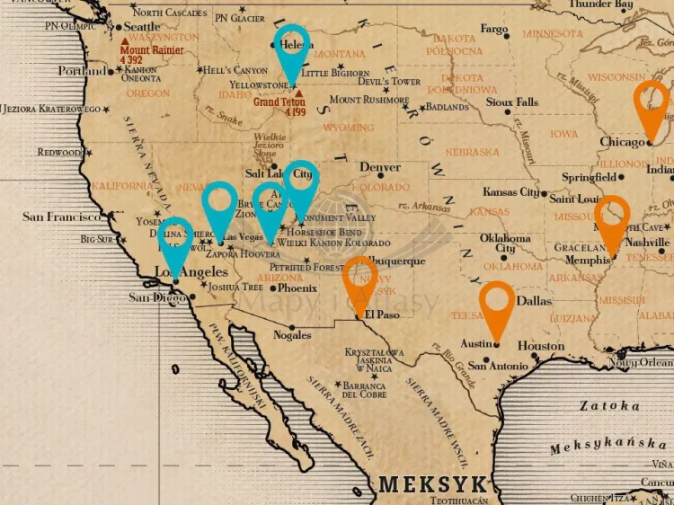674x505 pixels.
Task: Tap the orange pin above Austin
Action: (496, 305)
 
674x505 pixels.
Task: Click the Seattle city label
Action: (142, 27)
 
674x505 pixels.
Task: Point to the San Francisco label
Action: (61, 217)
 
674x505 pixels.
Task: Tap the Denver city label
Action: (379, 168)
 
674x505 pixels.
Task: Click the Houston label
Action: (541, 346)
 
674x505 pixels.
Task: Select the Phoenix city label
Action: (297, 288)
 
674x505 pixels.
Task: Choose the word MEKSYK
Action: (432, 484)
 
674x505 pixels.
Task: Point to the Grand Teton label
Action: (279, 102)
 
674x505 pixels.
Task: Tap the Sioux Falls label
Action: (512, 102)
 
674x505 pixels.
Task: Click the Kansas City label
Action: (510, 192)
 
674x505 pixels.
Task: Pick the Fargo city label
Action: (494, 30)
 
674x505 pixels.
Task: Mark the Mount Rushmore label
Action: (369, 100)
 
